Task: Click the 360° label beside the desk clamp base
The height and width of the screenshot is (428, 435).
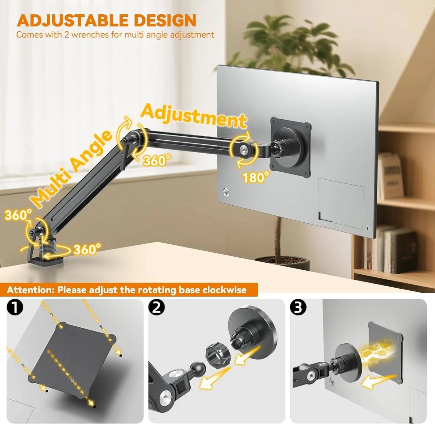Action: click(87, 249)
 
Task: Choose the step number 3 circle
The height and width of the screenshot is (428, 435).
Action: click(298, 307)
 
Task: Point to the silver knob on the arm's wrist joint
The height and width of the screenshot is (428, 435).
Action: click(244, 149)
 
